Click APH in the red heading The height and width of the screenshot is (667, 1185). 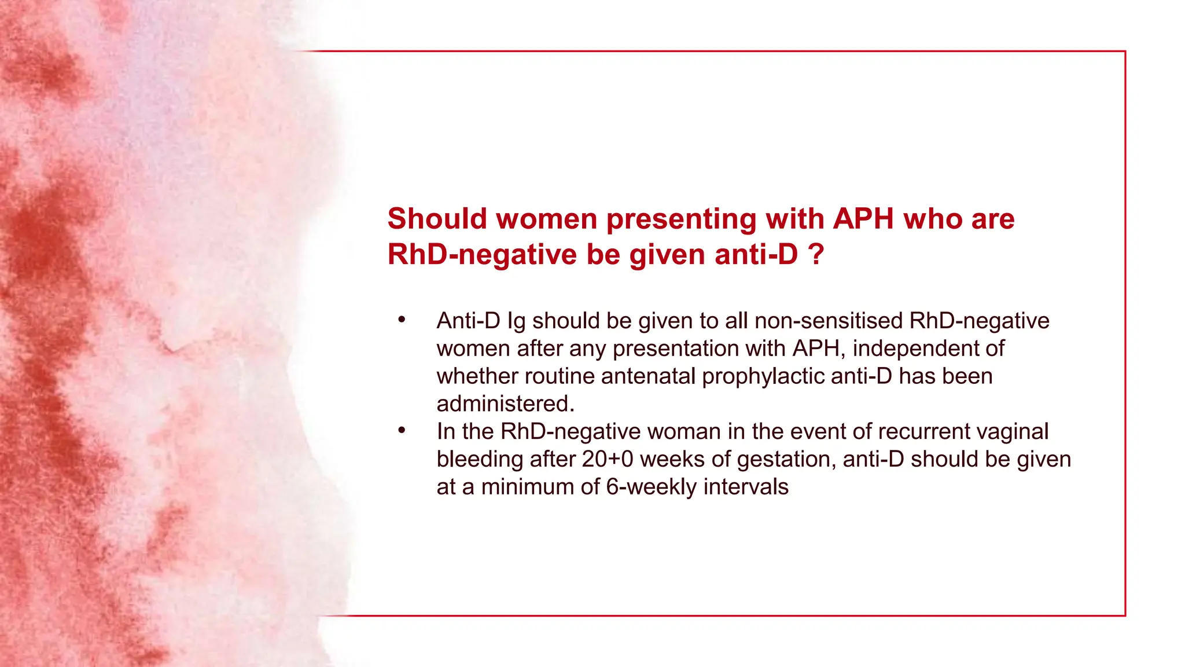[864, 219]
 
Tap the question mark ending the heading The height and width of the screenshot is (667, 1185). [816, 254]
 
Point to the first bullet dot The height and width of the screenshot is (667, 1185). [402, 320]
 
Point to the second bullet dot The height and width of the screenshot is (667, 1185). [402, 430]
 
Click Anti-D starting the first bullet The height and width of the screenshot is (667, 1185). [468, 321]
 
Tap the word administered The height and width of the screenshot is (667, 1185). [505, 404]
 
